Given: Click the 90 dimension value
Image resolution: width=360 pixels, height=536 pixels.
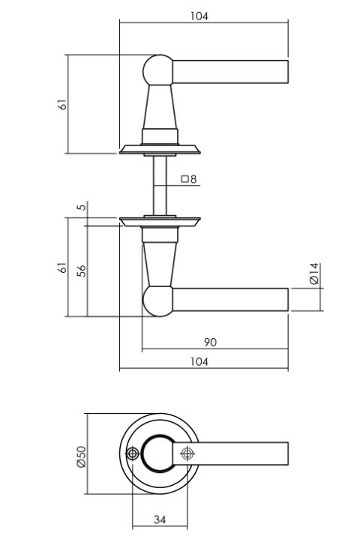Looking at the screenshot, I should coord(210,342).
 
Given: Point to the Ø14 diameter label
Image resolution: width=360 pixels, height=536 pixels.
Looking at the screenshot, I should coord(313,273).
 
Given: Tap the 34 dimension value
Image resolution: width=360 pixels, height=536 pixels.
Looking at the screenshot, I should coord(159,519).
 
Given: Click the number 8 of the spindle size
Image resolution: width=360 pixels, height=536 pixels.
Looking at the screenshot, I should coord(193,180).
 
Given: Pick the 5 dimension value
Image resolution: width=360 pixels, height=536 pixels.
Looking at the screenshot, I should coord(81,207).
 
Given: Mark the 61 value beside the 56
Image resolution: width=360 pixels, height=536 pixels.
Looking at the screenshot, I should coord(64,268).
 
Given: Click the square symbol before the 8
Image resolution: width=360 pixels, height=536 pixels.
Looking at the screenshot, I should coord(184,180).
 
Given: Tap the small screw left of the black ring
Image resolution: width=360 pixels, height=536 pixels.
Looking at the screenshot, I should coord(133,454).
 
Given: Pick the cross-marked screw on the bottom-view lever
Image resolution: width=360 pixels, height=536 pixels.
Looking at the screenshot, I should coord(187,453).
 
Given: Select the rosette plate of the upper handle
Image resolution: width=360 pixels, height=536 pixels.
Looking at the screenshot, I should coord(160,149).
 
